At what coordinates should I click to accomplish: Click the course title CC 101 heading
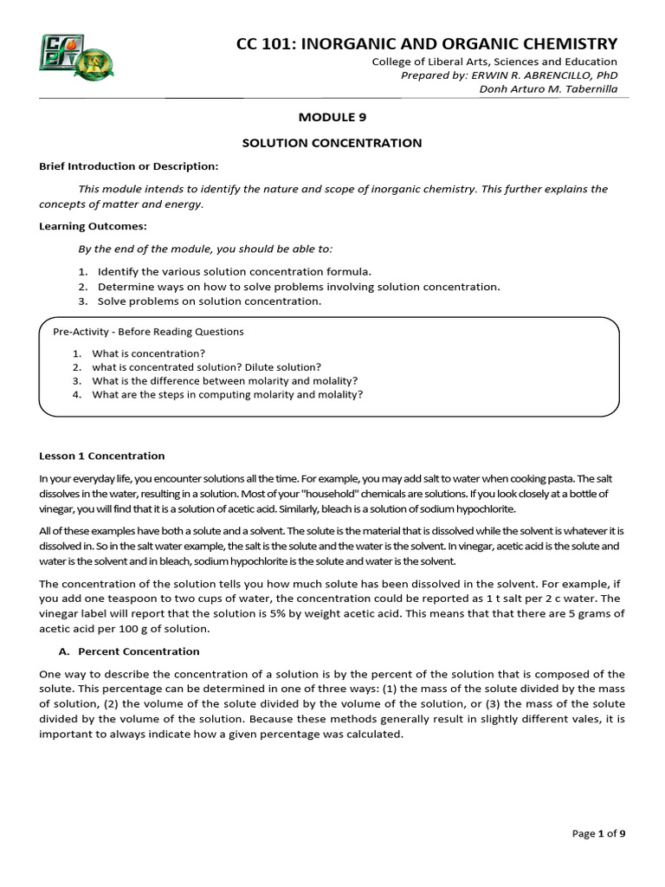point(427,43)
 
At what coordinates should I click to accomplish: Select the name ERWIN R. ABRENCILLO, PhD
point(544,75)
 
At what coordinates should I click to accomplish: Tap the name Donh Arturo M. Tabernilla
point(548,89)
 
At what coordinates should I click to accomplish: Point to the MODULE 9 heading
point(332,117)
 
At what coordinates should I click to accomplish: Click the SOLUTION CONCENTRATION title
point(332,143)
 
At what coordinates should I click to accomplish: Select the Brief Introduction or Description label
point(129,165)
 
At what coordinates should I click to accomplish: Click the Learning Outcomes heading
point(94,226)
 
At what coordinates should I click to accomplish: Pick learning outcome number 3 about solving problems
point(209,301)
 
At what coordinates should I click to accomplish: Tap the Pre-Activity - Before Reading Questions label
point(149,332)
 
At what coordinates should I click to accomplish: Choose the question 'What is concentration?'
point(148,353)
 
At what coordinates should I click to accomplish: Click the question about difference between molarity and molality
point(224,380)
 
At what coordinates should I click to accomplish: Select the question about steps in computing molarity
point(227,394)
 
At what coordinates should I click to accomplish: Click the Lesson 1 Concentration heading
point(102,456)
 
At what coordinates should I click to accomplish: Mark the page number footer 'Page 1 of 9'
point(598,833)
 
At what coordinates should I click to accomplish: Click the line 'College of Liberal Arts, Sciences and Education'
point(494,62)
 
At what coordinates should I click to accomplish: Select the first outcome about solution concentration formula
point(234,271)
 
